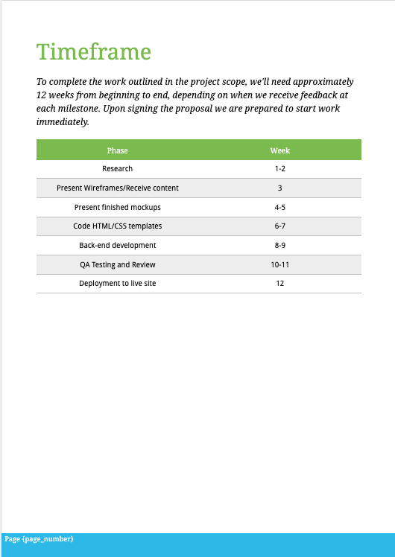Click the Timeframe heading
[x=93, y=52]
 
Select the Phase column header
[x=117, y=150]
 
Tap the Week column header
[x=279, y=150]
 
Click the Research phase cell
[x=117, y=169]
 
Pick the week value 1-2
[x=279, y=169]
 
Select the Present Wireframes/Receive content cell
[x=117, y=188]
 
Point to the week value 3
[x=279, y=188]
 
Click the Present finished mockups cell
[x=117, y=207]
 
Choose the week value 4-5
[x=279, y=207]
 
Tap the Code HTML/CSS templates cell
[x=117, y=226]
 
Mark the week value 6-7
[x=279, y=226]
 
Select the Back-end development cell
[x=117, y=245]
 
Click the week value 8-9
[x=279, y=245]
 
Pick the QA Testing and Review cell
[x=117, y=264]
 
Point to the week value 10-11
[x=279, y=264]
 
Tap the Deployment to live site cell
[x=117, y=283]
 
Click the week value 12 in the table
[x=279, y=283]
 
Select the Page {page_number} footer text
[x=39, y=538]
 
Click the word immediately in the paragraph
[x=63, y=122]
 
